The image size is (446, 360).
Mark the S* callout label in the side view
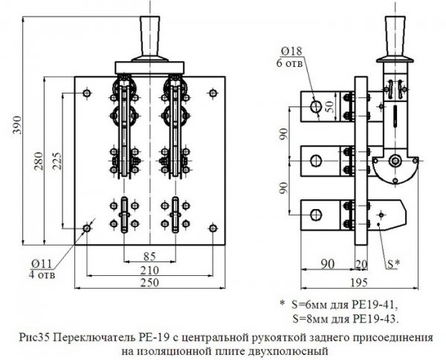[x=393, y=263]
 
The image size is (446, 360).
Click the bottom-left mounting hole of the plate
[x=88, y=228]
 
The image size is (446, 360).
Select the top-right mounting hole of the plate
[x=213, y=92]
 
